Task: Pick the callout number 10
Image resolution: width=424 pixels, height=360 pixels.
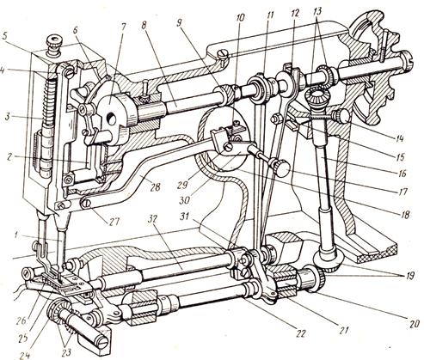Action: [x=240, y=18]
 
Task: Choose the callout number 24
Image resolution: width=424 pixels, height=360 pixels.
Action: [x=25, y=355]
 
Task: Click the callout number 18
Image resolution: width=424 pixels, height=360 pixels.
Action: [x=405, y=215]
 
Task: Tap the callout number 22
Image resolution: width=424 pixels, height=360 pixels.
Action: [x=300, y=333]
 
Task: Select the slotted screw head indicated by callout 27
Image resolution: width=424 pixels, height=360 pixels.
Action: [x=87, y=204]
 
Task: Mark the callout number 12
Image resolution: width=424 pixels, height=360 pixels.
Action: [x=294, y=13]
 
